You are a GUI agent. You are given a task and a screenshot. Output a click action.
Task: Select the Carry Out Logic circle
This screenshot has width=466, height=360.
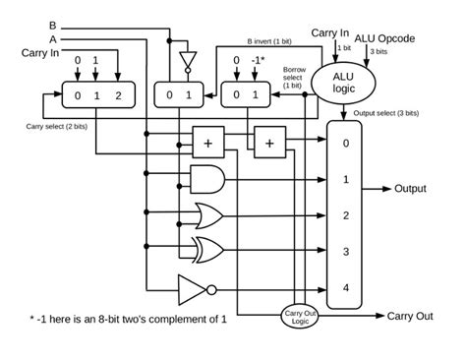coord(297,316)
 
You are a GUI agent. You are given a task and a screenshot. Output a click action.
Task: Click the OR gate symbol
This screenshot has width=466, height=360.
coord(209,214)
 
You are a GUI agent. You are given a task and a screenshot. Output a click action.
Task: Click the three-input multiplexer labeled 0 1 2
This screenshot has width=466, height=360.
coord(91,96)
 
